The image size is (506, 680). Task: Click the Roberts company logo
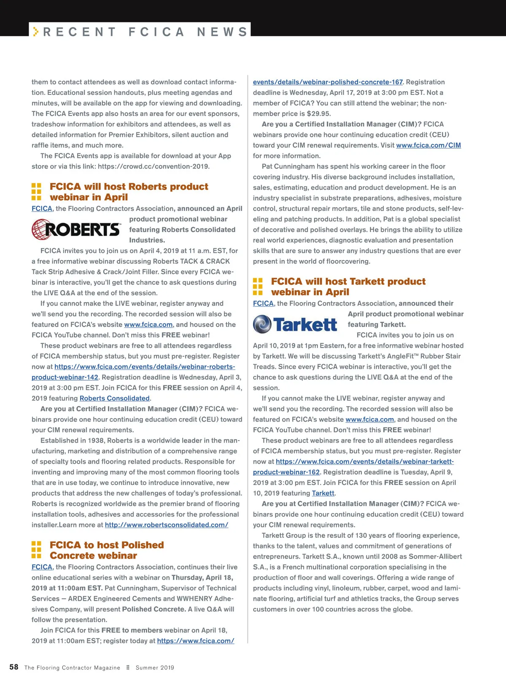click(x=76, y=229)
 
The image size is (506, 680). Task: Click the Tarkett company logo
click(x=295, y=324)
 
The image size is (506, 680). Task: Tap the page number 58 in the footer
click(x=14, y=667)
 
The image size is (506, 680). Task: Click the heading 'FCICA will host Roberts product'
click(x=129, y=187)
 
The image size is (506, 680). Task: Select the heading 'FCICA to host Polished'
click(x=107, y=545)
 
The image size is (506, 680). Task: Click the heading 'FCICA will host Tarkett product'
click(x=348, y=282)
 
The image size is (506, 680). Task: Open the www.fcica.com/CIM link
click(x=428, y=145)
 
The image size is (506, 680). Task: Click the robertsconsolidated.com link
click(x=167, y=525)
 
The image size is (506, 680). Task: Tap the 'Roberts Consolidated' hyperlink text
click(x=114, y=398)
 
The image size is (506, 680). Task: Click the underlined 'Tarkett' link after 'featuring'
click(x=323, y=493)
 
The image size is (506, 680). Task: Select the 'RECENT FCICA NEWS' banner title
click(x=145, y=32)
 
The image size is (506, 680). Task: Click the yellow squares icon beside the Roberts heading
click(x=37, y=192)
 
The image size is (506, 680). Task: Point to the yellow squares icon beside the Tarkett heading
click(x=258, y=287)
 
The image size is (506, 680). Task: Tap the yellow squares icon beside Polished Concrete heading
click(x=37, y=550)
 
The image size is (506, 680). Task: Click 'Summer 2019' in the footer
click(x=155, y=668)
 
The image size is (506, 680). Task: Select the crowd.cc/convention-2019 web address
click(x=153, y=167)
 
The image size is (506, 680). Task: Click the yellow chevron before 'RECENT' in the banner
click(x=36, y=32)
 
